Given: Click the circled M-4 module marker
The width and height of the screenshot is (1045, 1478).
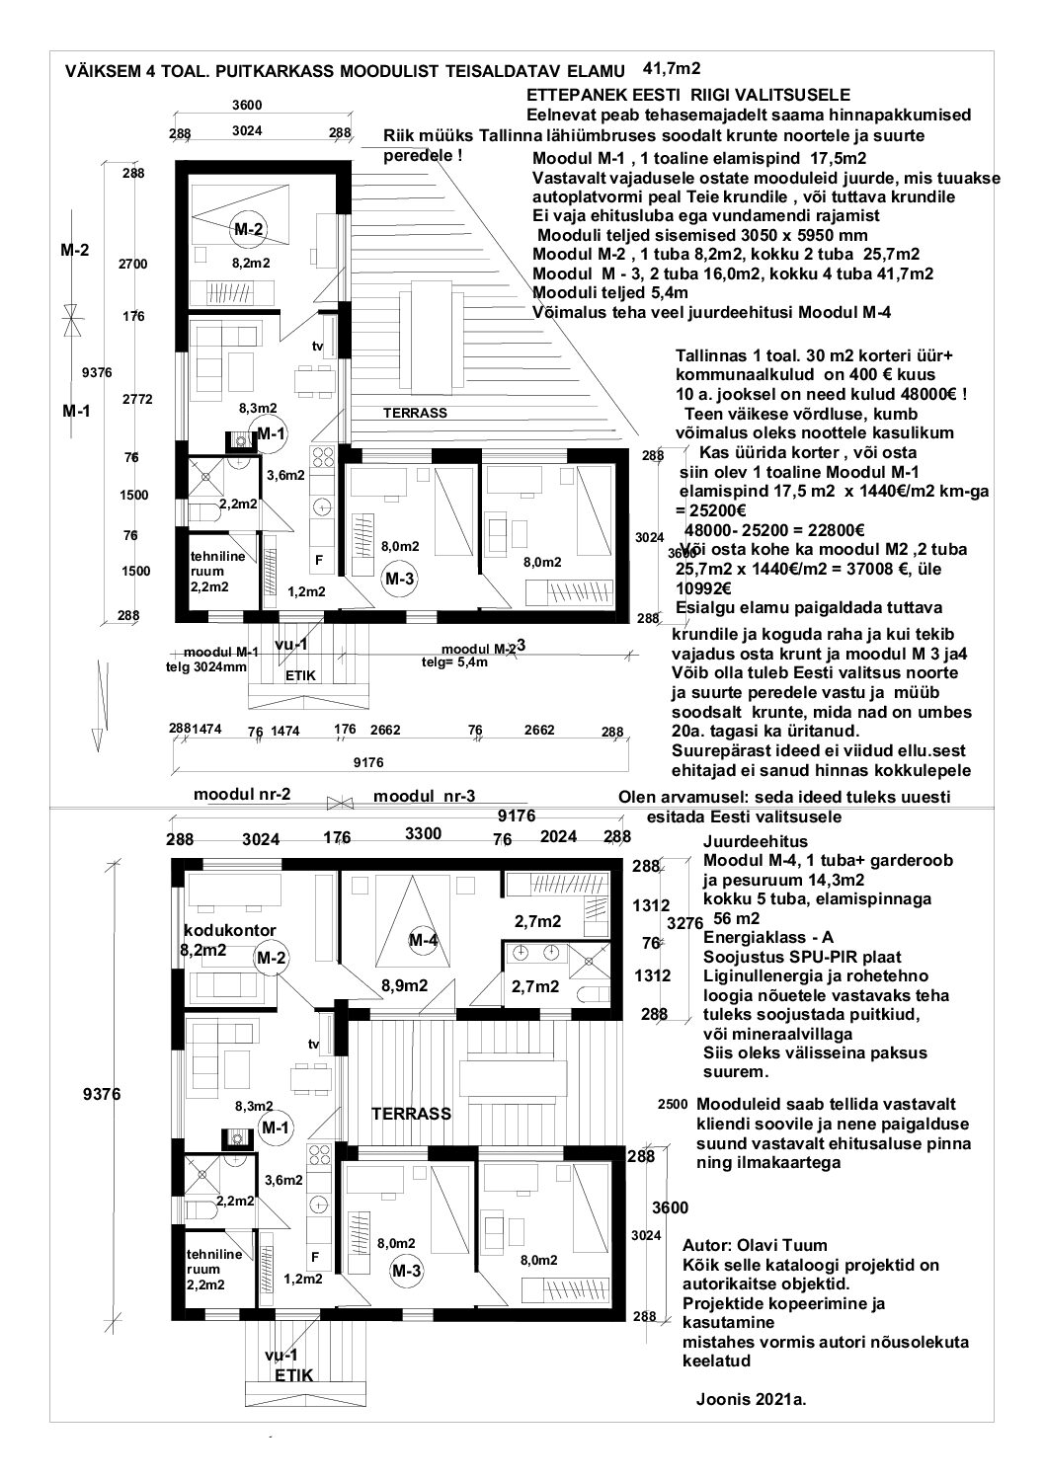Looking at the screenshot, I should (x=423, y=940).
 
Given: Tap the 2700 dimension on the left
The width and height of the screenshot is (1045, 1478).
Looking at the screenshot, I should (x=132, y=265).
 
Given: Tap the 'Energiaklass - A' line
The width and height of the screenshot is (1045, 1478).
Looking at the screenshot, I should (x=762, y=937).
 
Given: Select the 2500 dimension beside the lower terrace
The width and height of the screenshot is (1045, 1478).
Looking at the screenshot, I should (x=672, y=1105).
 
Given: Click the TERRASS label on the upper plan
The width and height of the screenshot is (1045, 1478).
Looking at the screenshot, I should (x=415, y=413).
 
